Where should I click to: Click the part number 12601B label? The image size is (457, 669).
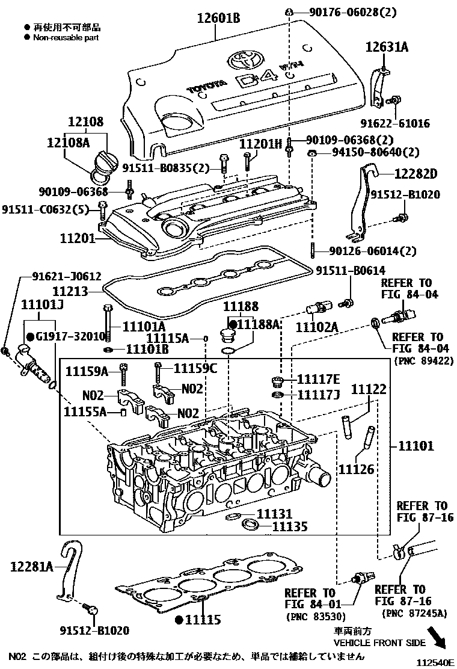coord(219,19)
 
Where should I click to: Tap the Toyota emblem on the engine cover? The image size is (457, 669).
coord(244,60)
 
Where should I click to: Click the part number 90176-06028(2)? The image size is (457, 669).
coord(354,11)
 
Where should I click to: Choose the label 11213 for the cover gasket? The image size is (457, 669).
coord(70,291)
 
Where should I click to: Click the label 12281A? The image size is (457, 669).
coord(32,566)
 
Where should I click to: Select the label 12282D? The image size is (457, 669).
coord(415,174)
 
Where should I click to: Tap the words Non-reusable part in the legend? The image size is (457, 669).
coord(66,37)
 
